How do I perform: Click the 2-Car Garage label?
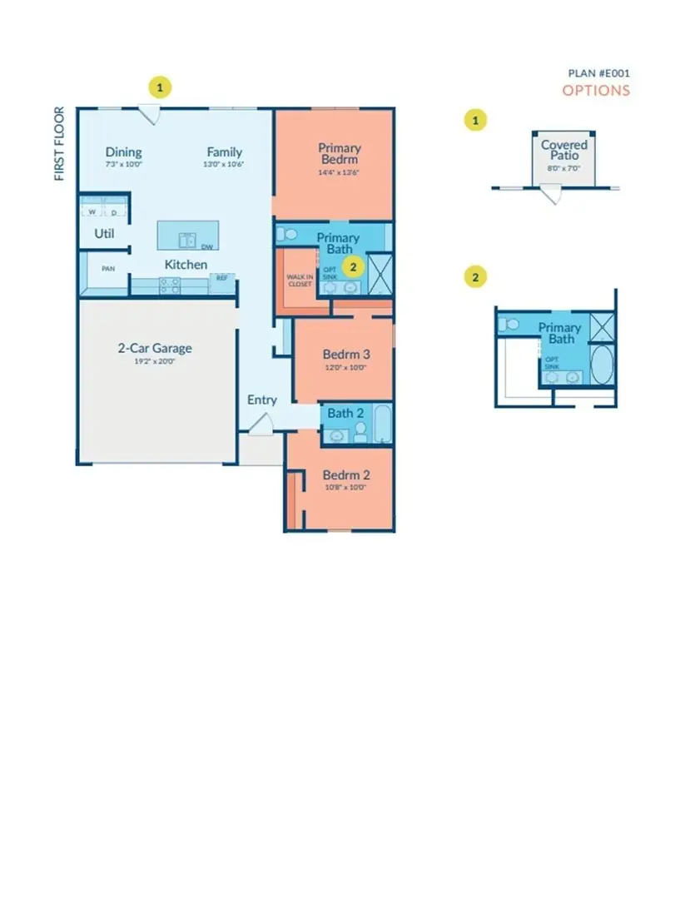[156, 349]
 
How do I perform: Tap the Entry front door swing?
[261, 424]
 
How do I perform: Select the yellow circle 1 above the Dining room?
[160, 86]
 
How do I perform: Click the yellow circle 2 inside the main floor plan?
[354, 266]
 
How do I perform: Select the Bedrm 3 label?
[344, 354]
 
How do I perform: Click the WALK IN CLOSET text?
[300, 280]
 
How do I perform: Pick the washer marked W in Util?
[92, 211]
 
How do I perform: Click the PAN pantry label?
[107, 269]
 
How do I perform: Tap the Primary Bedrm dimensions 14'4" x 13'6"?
[339, 173]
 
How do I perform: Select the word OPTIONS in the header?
[596, 91]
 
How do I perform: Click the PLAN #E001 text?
[599, 73]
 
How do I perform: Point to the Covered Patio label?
[563, 150]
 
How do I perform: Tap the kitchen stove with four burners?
[169, 285]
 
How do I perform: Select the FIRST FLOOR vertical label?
[59, 143]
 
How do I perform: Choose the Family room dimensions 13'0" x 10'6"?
[225, 165]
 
